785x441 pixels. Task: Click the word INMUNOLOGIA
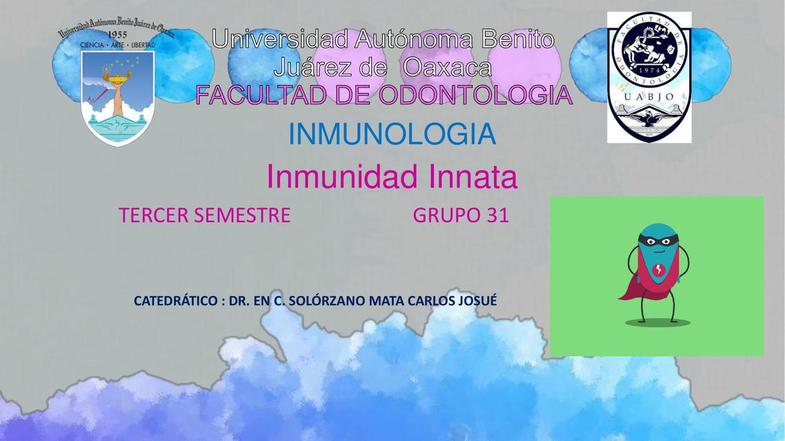[392, 134]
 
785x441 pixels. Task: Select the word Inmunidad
[341, 178]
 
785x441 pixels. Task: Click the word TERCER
[153, 216]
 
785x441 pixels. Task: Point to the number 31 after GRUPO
[497, 216]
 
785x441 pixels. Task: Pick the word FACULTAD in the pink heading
[261, 95]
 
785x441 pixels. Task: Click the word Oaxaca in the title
[447, 68]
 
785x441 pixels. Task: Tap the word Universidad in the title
[279, 39]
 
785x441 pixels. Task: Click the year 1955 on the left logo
[117, 34]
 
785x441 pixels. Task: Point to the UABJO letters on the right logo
[649, 96]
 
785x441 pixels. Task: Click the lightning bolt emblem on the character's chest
[659, 268]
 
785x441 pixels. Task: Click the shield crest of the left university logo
[117, 96]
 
